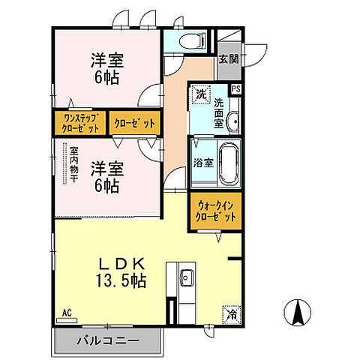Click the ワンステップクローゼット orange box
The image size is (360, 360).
pyautogui.click(x=79, y=122)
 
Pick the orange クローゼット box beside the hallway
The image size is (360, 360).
pyautogui.click(x=135, y=122)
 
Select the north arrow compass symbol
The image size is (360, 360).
pyautogui.click(x=298, y=312)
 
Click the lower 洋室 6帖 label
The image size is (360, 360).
pyautogui.click(x=105, y=176)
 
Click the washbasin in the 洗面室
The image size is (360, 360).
pyautogui.click(x=233, y=119)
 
